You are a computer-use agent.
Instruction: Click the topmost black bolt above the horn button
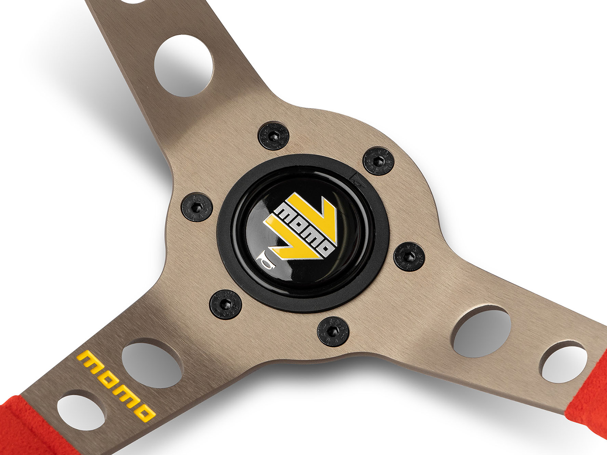[x=274, y=136]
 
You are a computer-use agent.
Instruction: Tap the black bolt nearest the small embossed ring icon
[x=379, y=162]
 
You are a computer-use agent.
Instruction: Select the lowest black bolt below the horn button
[x=333, y=331]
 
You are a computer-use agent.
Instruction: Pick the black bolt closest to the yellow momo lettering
[x=226, y=304]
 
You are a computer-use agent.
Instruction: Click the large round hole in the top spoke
[x=184, y=66]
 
